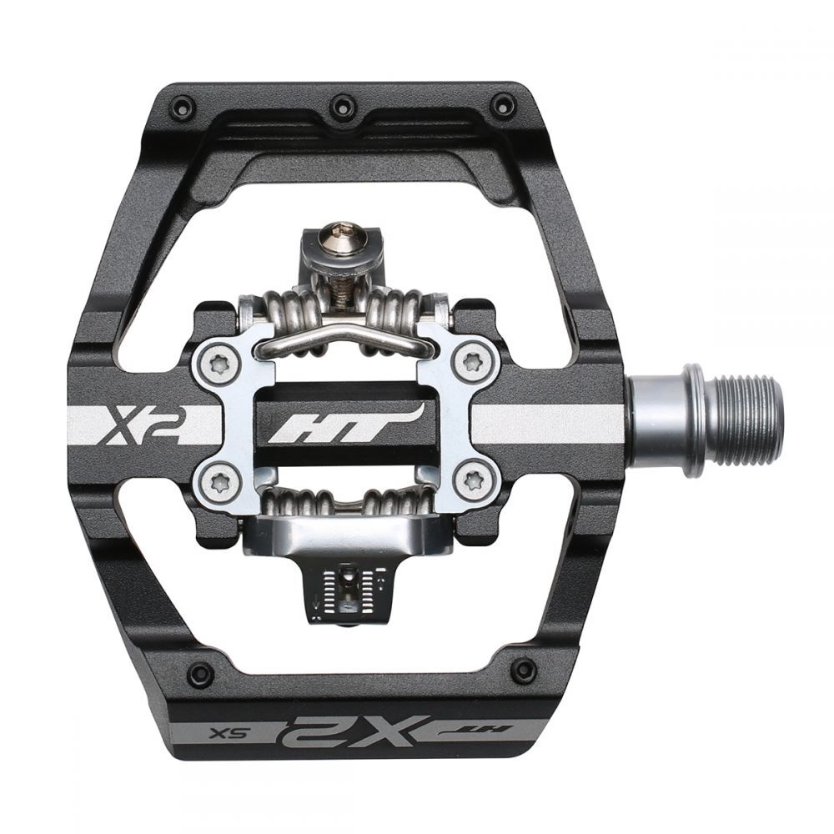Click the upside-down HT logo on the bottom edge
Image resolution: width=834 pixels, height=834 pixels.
(x=475, y=731)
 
